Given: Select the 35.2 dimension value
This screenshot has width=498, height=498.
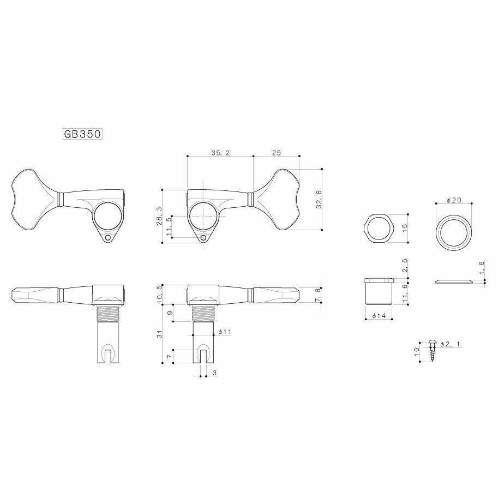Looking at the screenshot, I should pyautogui.click(x=220, y=154).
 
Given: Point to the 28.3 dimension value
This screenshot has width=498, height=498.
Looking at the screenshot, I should pyautogui.click(x=159, y=216).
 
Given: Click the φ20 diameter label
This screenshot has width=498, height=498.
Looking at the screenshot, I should pyautogui.click(x=454, y=201).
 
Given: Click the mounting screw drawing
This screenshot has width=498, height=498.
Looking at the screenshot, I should pyautogui.click(x=433, y=350).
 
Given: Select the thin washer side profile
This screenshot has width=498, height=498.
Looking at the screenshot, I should pyautogui.click(x=454, y=281).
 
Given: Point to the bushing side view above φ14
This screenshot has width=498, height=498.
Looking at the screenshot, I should pyautogui.click(x=378, y=292).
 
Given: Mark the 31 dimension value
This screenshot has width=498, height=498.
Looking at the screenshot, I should pyautogui.click(x=159, y=334).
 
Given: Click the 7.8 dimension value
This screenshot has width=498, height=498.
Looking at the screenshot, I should pyautogui.click(x=319, y=295).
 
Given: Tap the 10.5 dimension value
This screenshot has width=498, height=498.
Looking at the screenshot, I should pyautogui.click(x=159, y=293).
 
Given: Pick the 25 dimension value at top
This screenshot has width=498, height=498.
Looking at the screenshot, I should pyautogui.click(x=277, y=154).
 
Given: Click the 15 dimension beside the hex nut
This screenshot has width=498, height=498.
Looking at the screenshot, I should pyautogui.click(x=404, y=227).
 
